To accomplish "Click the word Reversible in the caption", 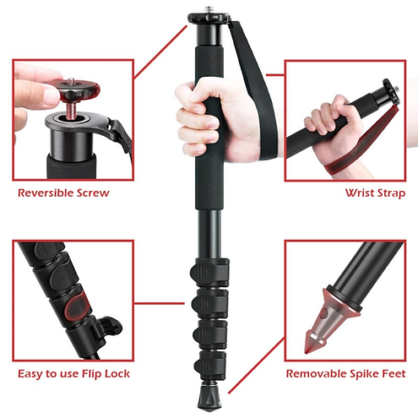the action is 43,193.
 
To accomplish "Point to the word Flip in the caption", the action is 91,374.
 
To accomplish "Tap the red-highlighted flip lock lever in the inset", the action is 76,307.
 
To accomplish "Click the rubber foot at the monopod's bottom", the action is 209,398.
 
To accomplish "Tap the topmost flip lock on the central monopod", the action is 209,271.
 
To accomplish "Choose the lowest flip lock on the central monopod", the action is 209,364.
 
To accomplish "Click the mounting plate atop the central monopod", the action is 209,18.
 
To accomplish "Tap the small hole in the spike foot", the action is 325,312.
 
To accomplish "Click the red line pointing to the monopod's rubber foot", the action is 256,366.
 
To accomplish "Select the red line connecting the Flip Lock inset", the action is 160,303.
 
